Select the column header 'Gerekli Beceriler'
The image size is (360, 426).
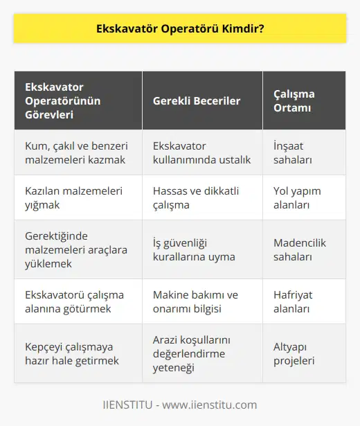pyautogui.click(x=196, y=100)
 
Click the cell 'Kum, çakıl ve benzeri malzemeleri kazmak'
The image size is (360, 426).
pyautogui.click(x=74, y=152)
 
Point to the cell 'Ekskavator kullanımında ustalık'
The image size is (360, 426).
pyautogui.click(x=201, y=152)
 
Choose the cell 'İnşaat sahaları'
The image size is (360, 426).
pyautogui.click(x=287, y=152)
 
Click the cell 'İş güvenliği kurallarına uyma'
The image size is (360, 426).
pyautogui.click(x=192, y=249)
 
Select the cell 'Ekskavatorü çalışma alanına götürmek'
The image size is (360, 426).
pyautogui.click(x=75, y=302)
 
